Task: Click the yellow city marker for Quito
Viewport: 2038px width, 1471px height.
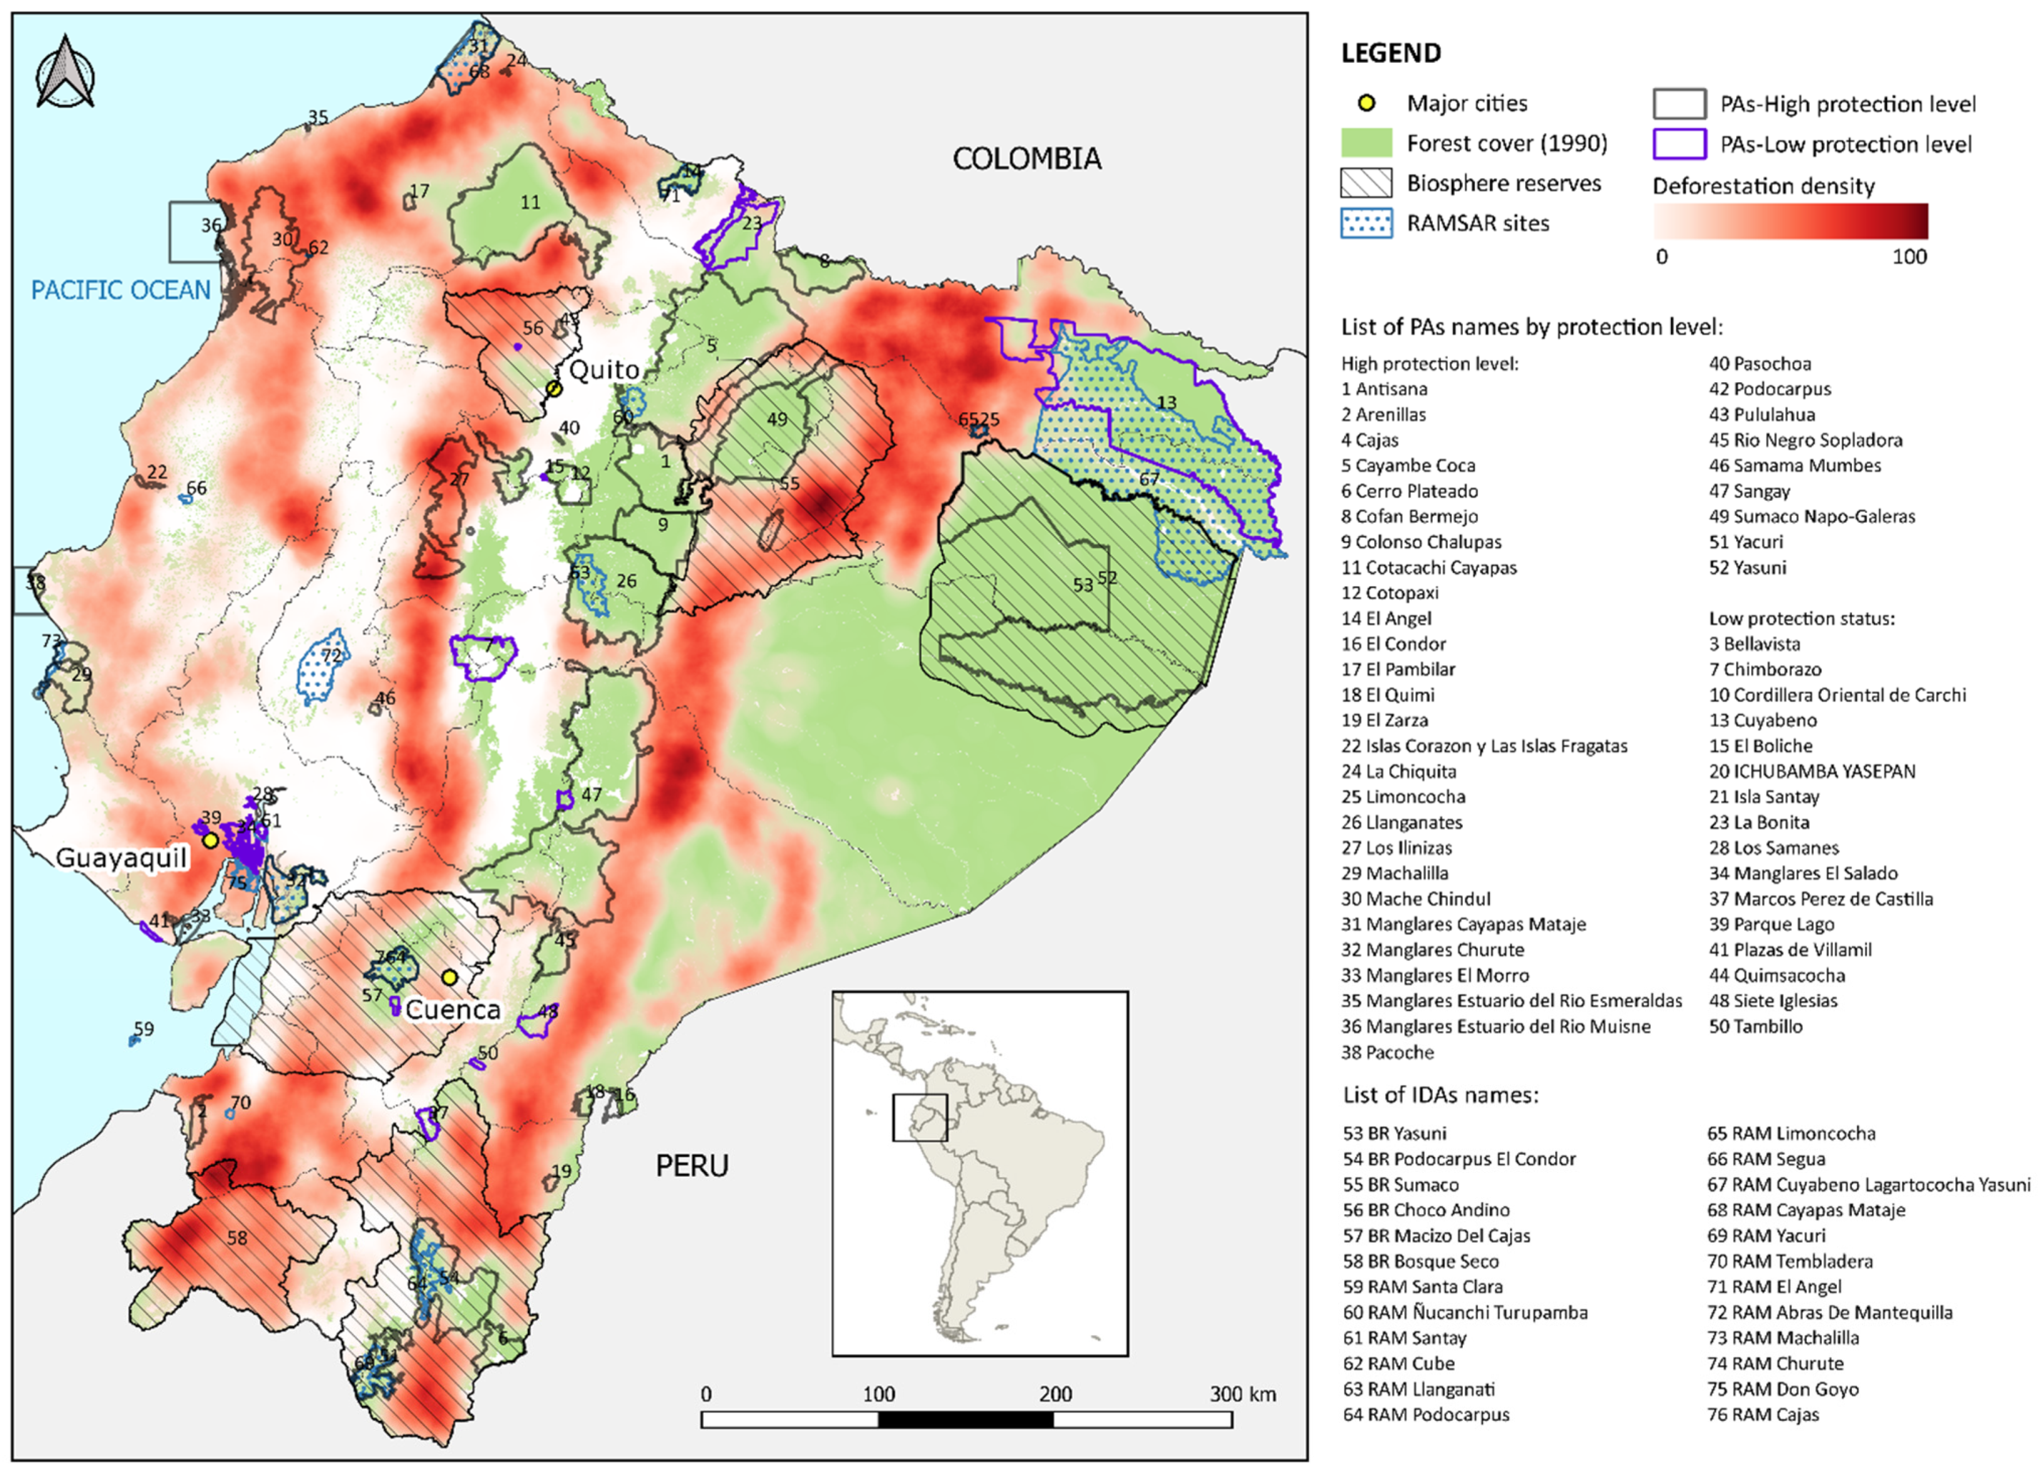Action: [554, 388]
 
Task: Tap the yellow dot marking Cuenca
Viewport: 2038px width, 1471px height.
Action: [449, 976]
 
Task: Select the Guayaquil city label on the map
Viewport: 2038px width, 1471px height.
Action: [121, 858]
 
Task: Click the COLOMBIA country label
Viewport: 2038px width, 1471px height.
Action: [1026, 159]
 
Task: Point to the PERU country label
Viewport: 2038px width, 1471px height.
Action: [691, 1166]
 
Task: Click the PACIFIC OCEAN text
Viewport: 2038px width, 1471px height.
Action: [121, 290]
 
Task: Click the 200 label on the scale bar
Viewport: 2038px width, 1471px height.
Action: [1055, 1394]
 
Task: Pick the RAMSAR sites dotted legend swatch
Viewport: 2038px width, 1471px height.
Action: [1366, 223]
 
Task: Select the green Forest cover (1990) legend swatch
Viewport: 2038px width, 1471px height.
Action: [1366, 143]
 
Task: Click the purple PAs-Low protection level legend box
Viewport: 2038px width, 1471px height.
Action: [1679, 144]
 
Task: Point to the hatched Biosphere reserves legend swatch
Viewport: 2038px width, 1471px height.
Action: [1366, 183]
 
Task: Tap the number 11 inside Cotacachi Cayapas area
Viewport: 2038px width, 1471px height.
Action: [530, 202]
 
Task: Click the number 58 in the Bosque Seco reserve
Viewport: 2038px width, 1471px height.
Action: [236, 1239]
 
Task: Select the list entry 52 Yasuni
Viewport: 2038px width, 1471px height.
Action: [1747, 567]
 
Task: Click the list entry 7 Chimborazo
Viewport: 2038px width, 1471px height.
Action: [1765, 669]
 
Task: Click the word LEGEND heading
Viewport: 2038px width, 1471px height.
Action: [1390, 53]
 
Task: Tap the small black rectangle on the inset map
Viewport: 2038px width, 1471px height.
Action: [919, 1117]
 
